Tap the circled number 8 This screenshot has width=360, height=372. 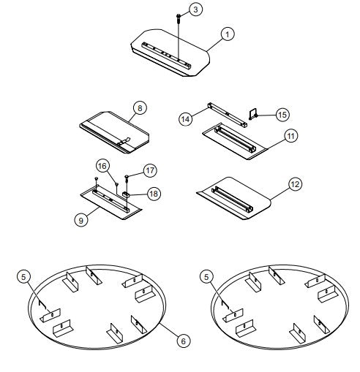click(x=139, y=107)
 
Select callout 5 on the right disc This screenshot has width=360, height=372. click(x=208, y=277)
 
